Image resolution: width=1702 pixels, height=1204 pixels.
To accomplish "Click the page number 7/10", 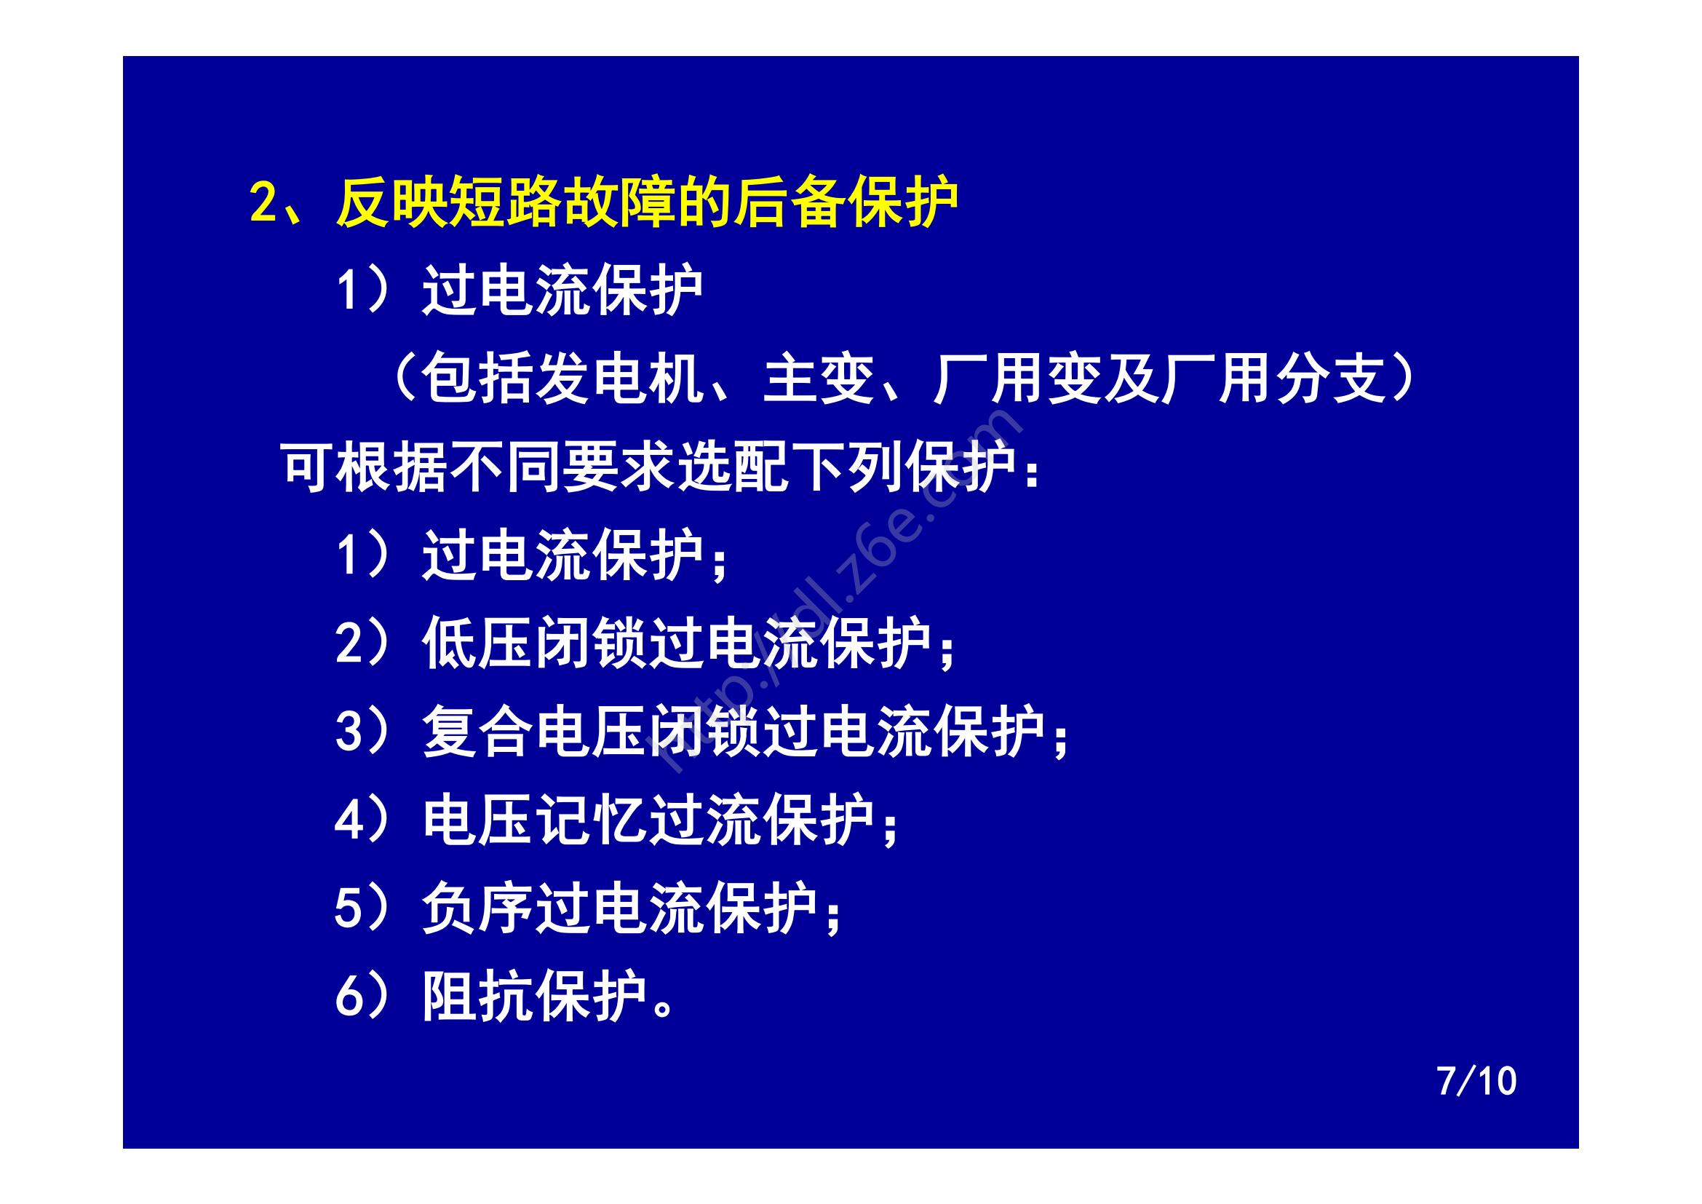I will tap(1476, 1082).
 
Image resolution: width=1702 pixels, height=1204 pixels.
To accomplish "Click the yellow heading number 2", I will tap(263, 202).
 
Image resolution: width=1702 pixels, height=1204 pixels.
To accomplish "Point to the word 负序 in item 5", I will tap(478, 908).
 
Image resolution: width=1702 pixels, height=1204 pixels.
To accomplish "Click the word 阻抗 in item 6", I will tap(478, 997).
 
